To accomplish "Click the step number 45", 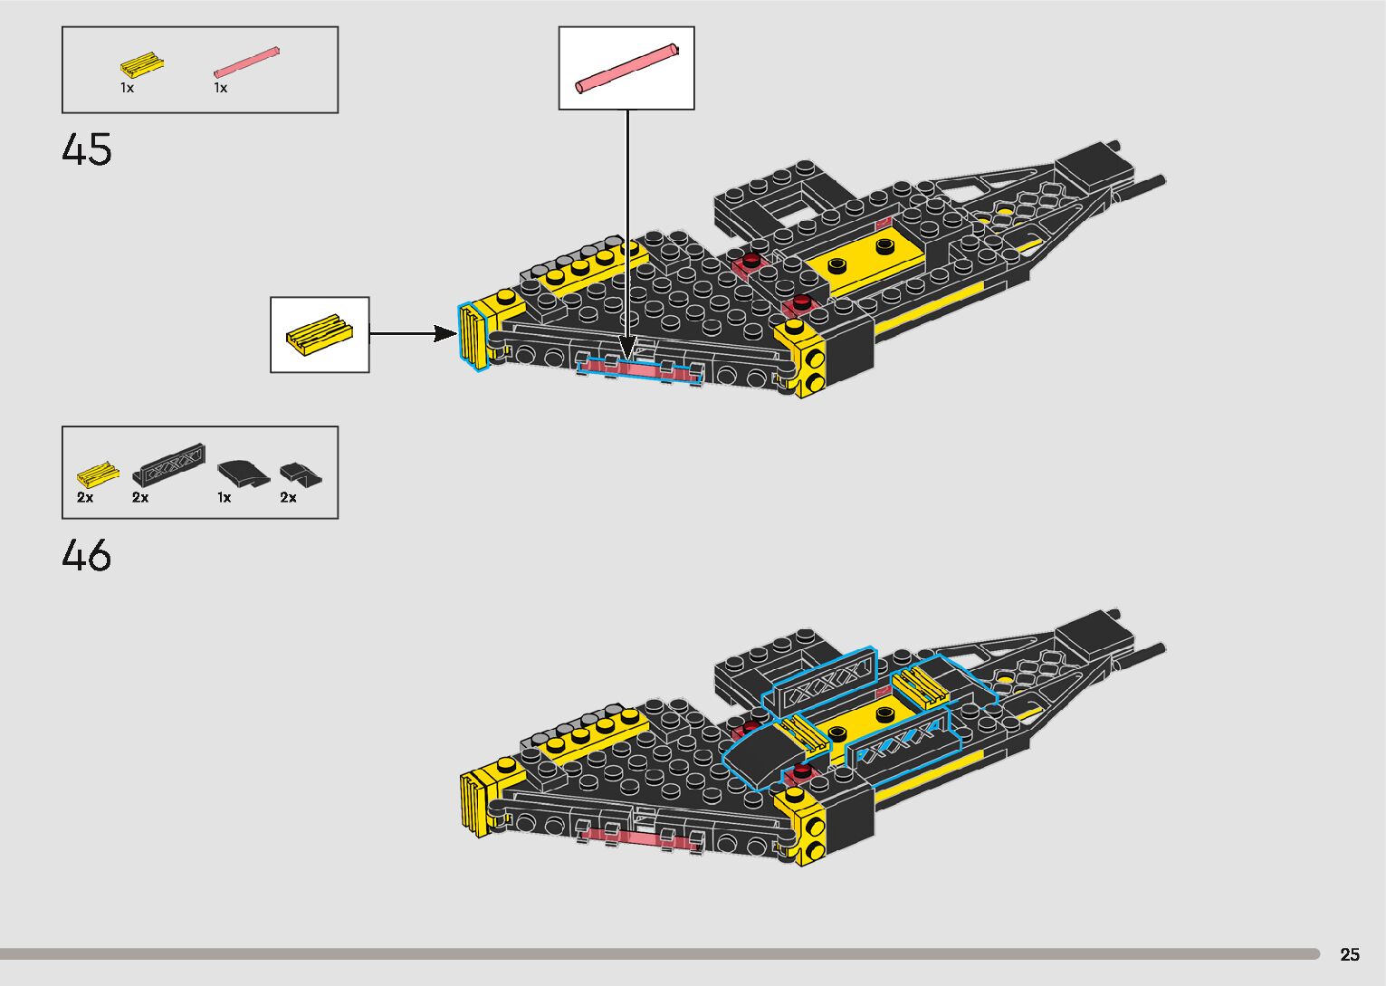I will [87, 149].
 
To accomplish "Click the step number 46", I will [87, 555].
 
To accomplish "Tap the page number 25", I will [1349, 954].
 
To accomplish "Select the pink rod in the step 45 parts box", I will [246, 62].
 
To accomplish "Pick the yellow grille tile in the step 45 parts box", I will [141, 65].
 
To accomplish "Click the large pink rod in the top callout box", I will [626, 68].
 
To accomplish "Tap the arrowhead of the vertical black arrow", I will [627, 349].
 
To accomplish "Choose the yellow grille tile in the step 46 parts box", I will [97, 474].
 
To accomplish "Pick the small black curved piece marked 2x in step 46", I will [294, 473].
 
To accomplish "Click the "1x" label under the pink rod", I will [220, 88].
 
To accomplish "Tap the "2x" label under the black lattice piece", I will [140, 497].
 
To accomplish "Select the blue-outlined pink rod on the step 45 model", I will [639, 368].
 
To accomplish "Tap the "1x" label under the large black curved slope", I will [224, 497].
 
